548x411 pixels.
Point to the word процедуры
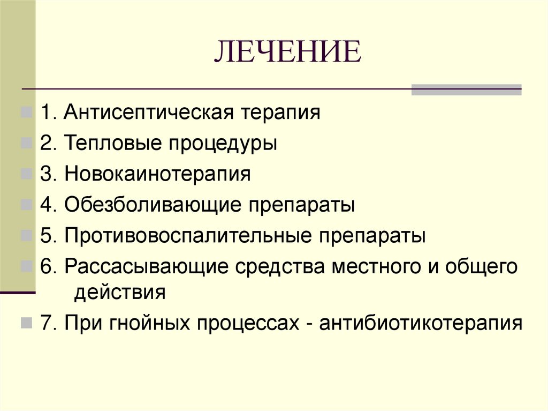coord(223,145)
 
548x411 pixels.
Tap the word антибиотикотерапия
coord(420,324)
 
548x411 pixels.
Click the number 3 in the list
coord(44,175)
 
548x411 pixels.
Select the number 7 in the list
coord(44,324)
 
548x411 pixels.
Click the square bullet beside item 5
coord(26,236)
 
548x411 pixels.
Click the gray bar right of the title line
coord(466,89)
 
